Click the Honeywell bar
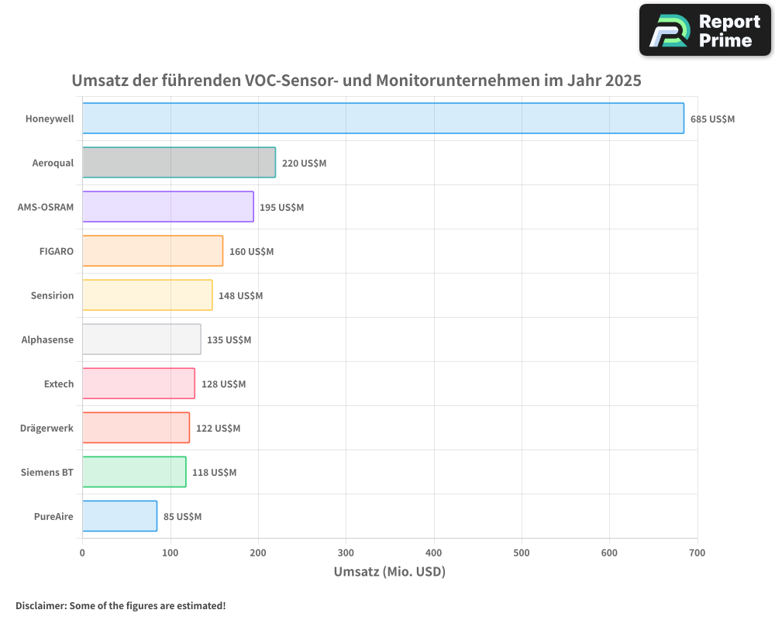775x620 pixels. tap(383, 119)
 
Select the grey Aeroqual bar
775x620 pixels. tap(179, 163)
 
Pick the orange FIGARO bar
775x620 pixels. tap(153, 251)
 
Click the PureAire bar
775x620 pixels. tap(119, 516)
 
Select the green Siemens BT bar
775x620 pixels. tap(134, 472)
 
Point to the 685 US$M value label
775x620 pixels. tap(712, 119)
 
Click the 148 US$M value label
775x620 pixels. tap(240, 296)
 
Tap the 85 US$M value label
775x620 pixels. tap(182, 517)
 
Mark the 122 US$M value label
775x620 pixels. tap(218, 429)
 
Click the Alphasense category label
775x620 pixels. tap(47, 339)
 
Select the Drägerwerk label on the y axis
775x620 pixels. tap(46, 428)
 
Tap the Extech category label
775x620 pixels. tap(59, 384)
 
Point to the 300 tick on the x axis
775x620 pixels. tap(346, 553)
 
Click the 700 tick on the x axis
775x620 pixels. tap(697, 553)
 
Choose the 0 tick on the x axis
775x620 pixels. tap(82, 553)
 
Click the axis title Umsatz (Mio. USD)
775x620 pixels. tap(389, 572)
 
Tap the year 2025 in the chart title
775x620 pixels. tap(624, 81)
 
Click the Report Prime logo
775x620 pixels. tap(704, 30)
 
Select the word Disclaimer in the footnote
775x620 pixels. tap(40, 605)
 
